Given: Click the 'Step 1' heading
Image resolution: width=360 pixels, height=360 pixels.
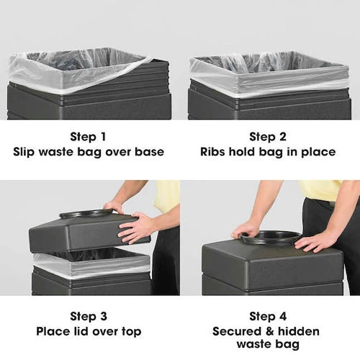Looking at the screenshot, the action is (x=88, y=137).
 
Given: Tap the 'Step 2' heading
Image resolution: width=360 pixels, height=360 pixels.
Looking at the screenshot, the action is (x=268, y=137).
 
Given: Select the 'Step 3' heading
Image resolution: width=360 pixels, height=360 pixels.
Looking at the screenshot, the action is (x=89, y=316).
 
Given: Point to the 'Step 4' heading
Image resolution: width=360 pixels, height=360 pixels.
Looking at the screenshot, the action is (x=268, y=316).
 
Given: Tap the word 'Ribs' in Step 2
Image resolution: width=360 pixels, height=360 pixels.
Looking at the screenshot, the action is (x=212, y=152).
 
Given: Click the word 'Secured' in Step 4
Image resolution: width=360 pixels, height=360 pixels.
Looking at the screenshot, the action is (x=237, y=331).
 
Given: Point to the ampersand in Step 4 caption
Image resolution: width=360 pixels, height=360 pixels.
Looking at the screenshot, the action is (x=269, y=331).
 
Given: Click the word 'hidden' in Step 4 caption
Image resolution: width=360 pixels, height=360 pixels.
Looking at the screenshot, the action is (x=299, y=331).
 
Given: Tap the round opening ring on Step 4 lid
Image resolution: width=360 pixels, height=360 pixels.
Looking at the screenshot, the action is (x=271, y=237).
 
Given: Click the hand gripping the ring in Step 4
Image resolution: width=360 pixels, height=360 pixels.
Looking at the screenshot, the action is (x=243, y=230).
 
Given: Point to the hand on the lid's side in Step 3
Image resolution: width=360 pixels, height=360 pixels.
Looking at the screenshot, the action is (x=135, y=228).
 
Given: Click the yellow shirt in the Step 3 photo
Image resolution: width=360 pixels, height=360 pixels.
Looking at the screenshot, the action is (x=167, y=196).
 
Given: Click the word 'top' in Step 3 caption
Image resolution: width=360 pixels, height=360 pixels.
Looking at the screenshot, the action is (x=131, y=332).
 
